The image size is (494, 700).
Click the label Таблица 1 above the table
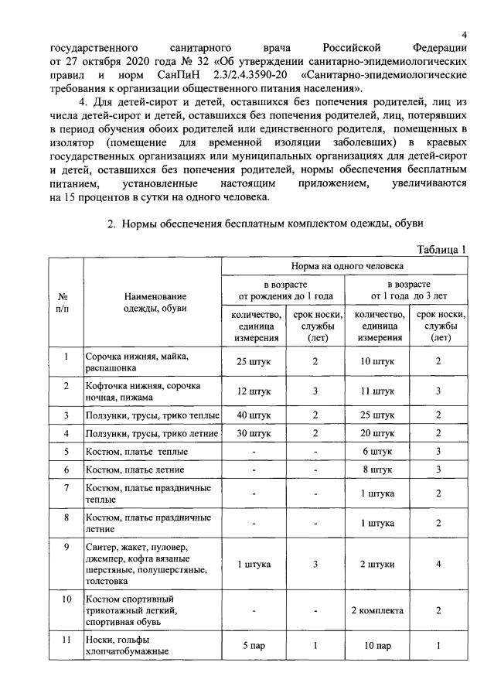[441, 249]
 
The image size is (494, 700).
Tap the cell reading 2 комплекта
[377, 610]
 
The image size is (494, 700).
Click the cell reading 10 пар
[377, 646]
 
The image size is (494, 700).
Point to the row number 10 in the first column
[66, 599]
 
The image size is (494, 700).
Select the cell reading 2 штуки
[377, 565]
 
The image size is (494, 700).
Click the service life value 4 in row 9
[438, 565]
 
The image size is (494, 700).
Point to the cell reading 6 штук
[377, 451]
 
